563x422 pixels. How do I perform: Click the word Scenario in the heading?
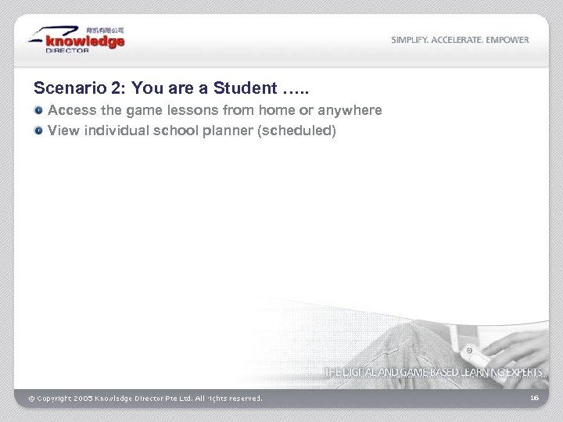[x=63, y=88]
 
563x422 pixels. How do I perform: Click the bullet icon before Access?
[x=38, y=111]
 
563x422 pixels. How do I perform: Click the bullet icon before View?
[x=38, y=131]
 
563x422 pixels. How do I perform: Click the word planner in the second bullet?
[x=228, y=131]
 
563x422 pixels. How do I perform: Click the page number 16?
[x=534, y=398]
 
